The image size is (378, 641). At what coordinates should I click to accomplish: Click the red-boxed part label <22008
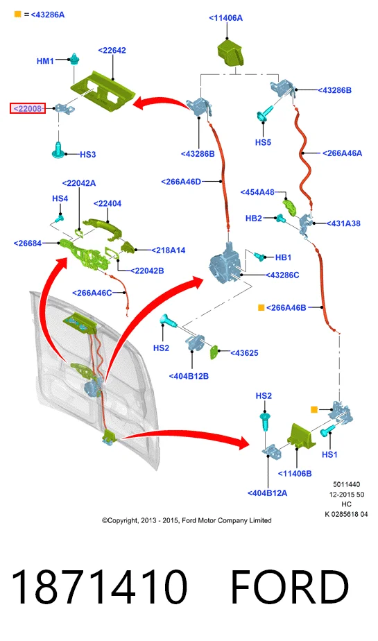tap(28, 108)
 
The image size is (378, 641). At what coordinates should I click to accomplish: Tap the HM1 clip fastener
tap(74, 60)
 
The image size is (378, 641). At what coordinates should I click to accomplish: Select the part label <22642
tap(112, 50)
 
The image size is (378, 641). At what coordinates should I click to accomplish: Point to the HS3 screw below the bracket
tap(58, 150)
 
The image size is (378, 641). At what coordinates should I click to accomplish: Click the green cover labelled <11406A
tap(230, 52)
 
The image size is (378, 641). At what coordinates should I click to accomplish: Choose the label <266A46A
tap(342, 153)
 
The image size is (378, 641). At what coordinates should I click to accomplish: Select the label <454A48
tap(257, 191)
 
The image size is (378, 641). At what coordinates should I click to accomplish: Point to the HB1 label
tap(283, 257)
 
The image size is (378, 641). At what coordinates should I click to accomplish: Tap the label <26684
tap(27, 243)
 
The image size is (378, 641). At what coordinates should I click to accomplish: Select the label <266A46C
tap(92, 293)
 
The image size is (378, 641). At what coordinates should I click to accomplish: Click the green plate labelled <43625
tap(214, 352)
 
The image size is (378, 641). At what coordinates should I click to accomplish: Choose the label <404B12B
tap(189, 376)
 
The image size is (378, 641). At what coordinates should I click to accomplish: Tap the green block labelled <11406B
tap(301, 435)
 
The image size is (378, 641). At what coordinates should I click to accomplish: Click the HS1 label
tap(329, 454)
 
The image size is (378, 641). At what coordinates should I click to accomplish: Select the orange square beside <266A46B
tap(261, 307)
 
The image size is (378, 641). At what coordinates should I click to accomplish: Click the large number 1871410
tap(99, 587)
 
